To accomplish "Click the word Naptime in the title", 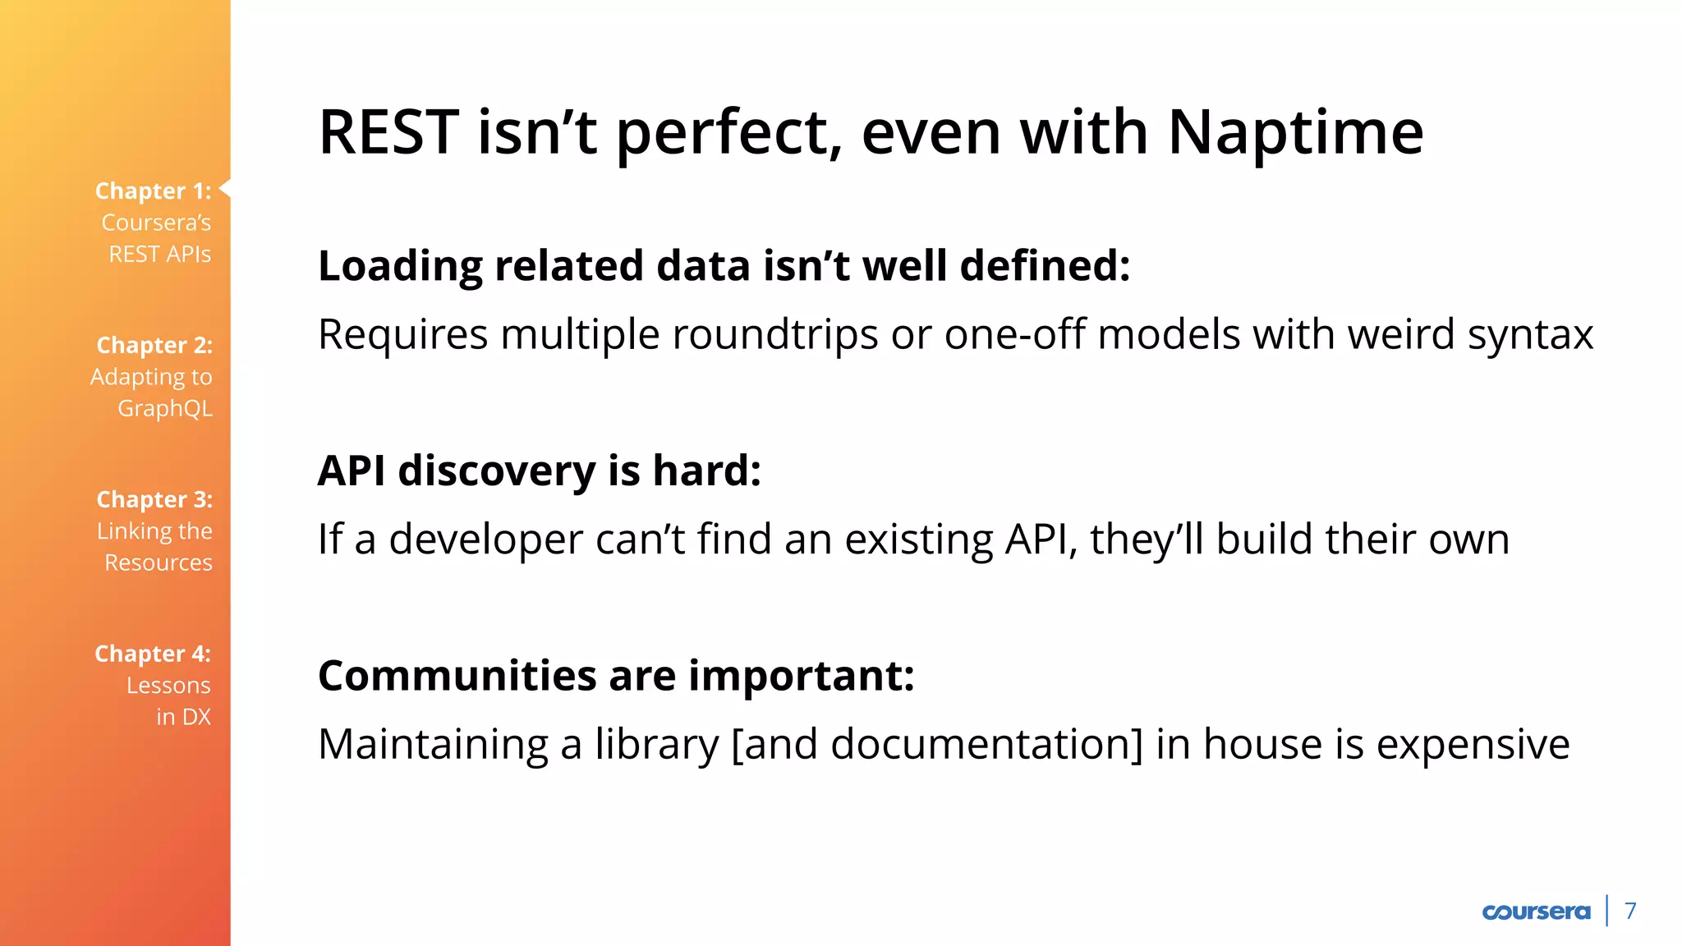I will tap(1295, 132).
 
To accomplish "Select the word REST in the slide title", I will tap(388, 132).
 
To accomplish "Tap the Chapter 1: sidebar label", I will tap(154, 191).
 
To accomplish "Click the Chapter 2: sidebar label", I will tap(154, 345).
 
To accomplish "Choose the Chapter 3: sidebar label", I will tap(154, 499).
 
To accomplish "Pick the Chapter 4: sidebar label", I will tap(153, 654).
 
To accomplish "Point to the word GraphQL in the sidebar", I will tap(165, 408).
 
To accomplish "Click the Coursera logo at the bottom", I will tap(1536, 912).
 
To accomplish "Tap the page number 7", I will tap(1630, 911).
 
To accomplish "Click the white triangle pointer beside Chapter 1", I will tap(225, 189).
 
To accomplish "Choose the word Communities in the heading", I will tap(457, 676).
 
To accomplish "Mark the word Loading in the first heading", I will tap(399, 267).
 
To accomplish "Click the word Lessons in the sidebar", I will tap(168, 686).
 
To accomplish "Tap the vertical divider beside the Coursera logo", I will tap(1607, 911).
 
